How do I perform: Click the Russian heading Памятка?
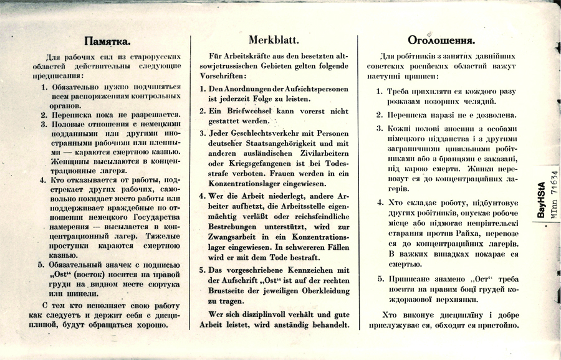107,42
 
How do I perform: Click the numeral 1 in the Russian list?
44,87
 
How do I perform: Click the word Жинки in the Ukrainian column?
476,169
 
